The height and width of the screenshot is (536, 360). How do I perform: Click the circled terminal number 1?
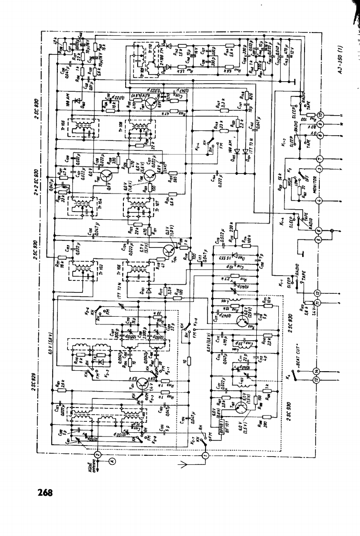click(x=205, y=454)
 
